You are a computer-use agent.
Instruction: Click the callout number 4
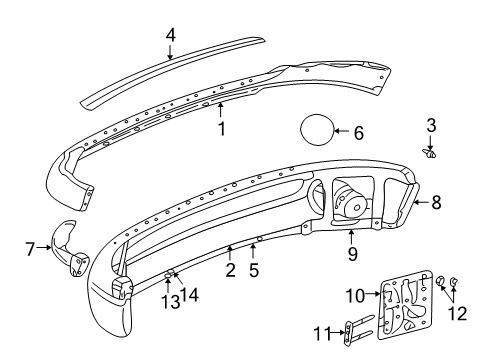point(171,34)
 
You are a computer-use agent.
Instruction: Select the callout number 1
point(221,128)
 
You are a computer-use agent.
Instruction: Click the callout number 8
point(435,201)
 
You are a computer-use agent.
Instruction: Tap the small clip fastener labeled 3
point(432,154)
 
